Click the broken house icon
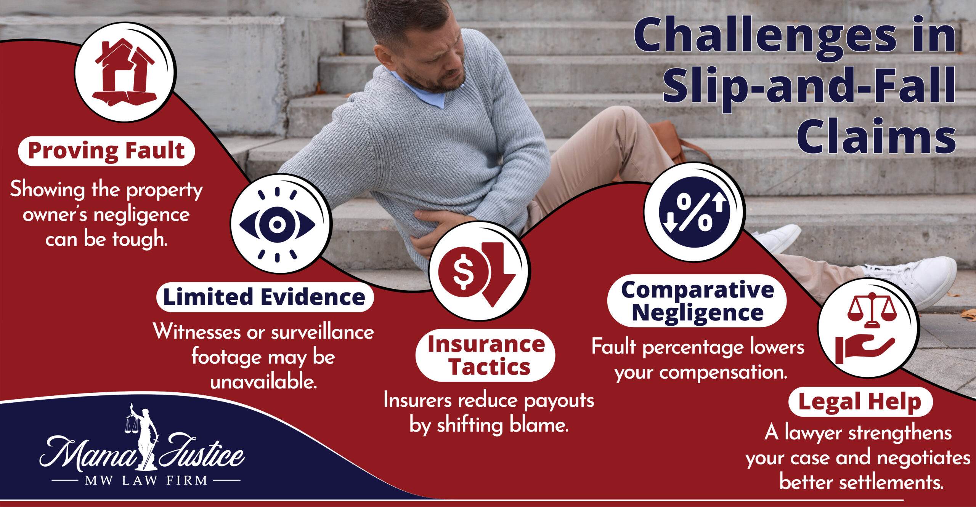[x=125, y=72]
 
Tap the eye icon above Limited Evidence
[x=278, y=224]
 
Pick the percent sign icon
[x=694, y=212]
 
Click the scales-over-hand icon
[x=867, y=328]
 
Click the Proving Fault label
[x=106, y=151]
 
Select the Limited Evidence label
[x=264, y=297]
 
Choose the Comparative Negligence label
[x=697, y=301]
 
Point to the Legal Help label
[x=860, y=402]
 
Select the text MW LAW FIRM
[x=146, y=481]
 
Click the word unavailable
[x=263, y=381]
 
